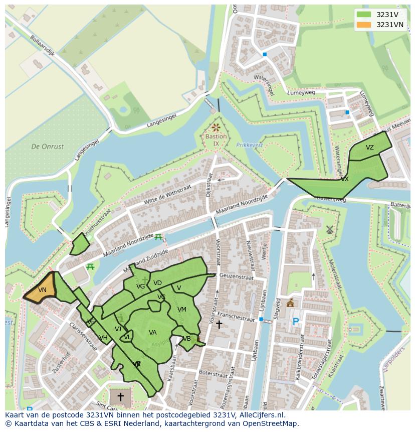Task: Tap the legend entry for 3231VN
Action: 390,25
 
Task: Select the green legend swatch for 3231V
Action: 364,14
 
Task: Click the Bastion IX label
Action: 216,140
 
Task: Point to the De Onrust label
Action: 48,147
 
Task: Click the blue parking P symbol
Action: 296,322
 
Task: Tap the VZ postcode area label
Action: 369,148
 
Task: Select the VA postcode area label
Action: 153,332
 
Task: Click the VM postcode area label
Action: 182,310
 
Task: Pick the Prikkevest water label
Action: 249,145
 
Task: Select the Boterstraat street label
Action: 214,373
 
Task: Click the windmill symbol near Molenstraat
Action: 329,230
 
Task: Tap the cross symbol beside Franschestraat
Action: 219,325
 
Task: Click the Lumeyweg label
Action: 301,92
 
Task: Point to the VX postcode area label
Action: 344,179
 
